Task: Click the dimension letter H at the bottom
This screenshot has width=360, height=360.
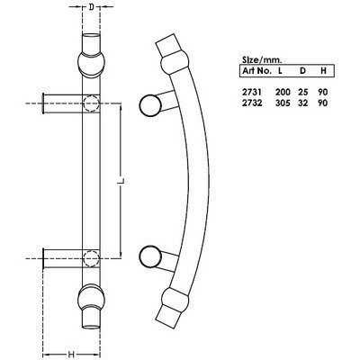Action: point(68,353)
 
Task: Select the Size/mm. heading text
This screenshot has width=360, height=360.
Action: point(261,55)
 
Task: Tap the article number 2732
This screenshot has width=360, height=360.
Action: point(251,104)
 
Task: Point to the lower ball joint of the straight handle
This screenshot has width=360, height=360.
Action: point(90,298)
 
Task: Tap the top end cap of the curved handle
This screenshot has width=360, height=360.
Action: point(167,44)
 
